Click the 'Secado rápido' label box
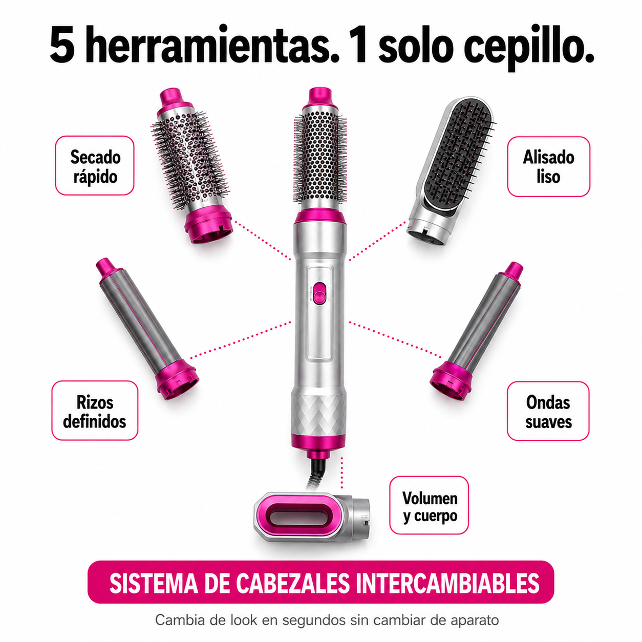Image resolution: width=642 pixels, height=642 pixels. point(95,165)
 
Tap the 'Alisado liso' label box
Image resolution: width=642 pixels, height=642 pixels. point(548,166)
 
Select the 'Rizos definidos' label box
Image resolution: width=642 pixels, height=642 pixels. point(95,411)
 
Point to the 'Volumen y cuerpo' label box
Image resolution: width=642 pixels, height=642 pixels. point(429,505)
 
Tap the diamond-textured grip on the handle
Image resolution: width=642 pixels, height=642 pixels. point(318,416)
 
